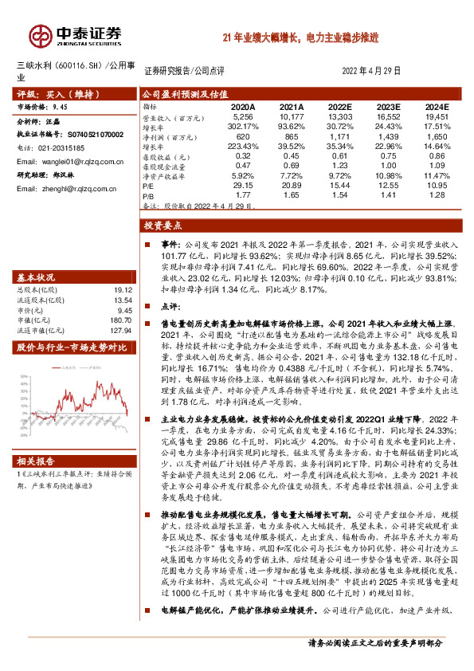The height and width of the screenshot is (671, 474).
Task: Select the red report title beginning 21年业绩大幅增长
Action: pos(312,37)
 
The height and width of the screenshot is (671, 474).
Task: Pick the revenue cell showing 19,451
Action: pos(437,116)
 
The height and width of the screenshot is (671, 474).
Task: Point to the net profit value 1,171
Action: pos(339,137)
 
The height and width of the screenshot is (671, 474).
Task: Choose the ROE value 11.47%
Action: pos(437,175)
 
